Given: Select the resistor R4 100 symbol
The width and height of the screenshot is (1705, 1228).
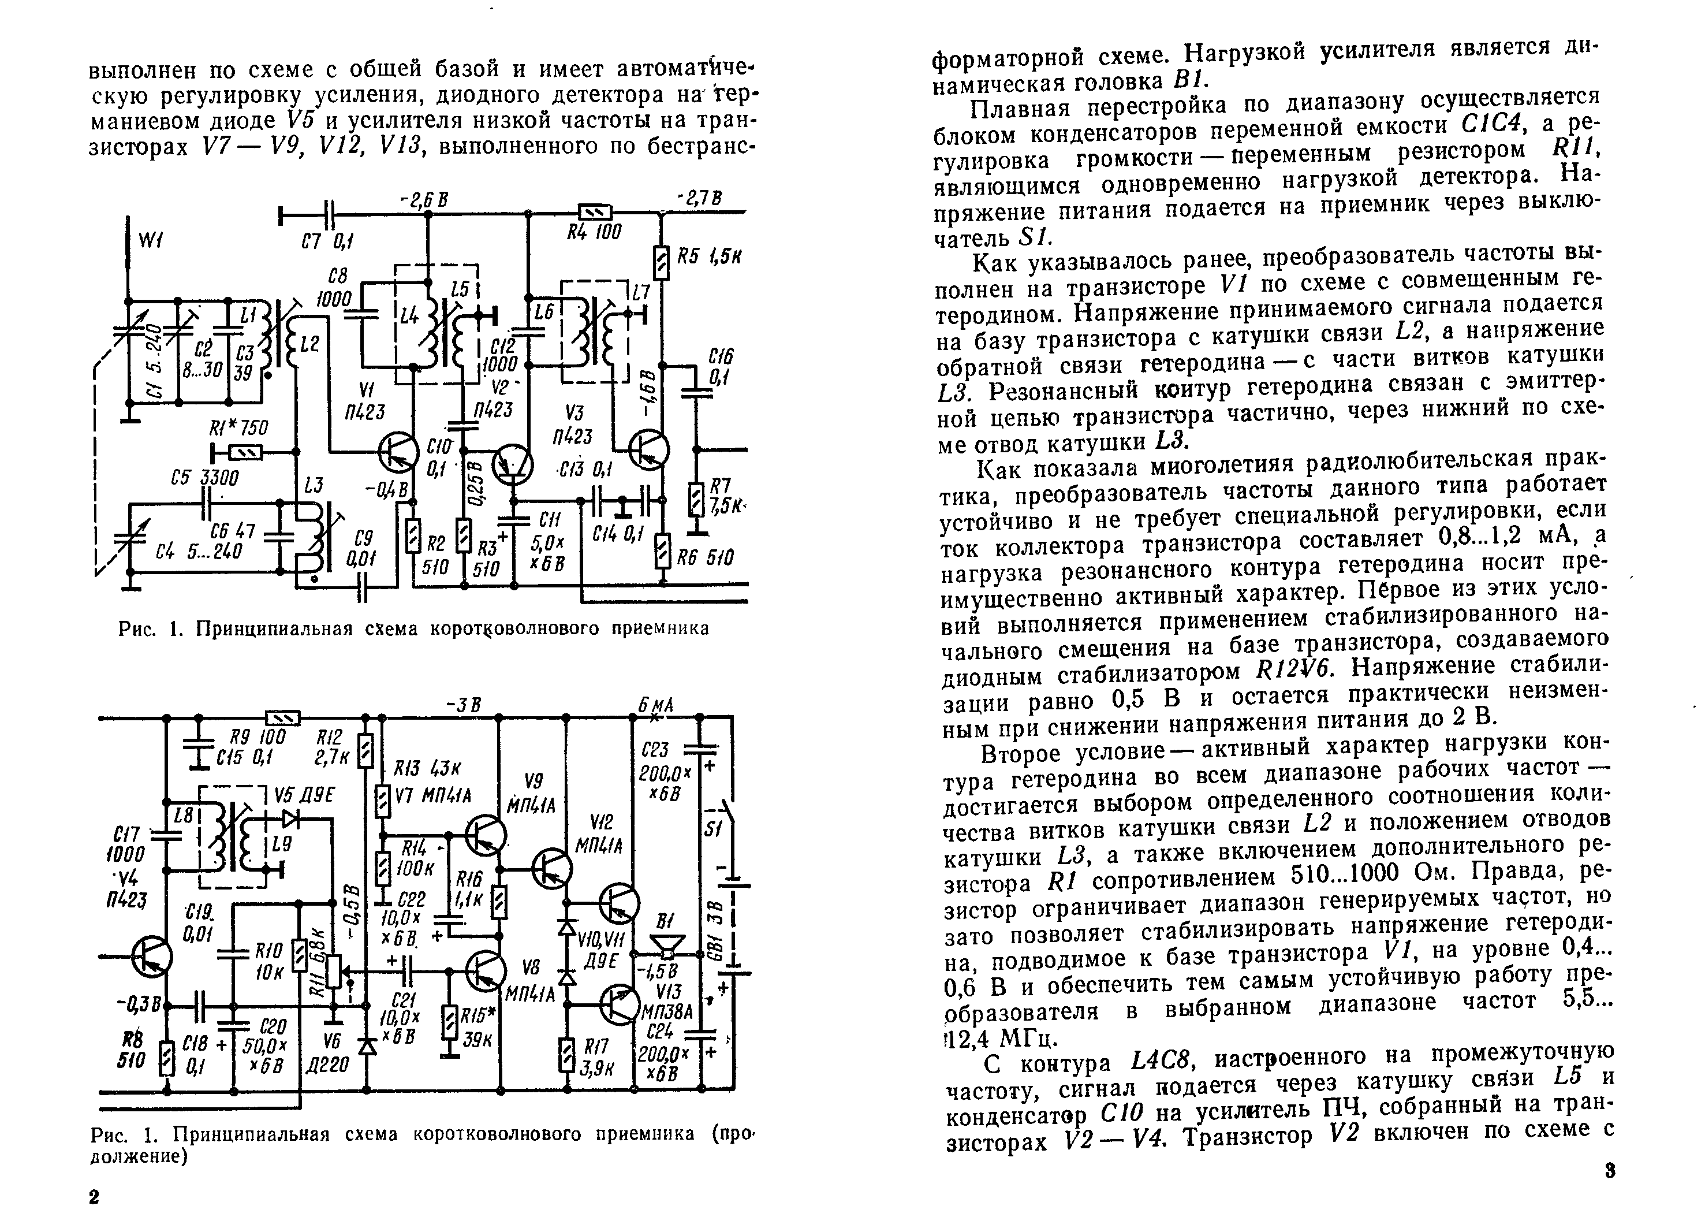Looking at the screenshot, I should (594, 213).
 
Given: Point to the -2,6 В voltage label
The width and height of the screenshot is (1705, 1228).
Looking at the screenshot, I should (425, 199).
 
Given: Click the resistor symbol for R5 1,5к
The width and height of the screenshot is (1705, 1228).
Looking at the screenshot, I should (662, 262).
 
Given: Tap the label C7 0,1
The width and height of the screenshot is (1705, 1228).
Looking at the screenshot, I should (328, 242).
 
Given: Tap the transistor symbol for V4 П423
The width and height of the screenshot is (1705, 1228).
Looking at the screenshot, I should (151, 957).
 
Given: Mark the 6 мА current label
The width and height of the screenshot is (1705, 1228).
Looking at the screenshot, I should (655, 705).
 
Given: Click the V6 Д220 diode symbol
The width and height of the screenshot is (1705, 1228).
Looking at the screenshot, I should (367, 1046).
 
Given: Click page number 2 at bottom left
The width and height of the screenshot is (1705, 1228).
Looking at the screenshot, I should (94, 1198).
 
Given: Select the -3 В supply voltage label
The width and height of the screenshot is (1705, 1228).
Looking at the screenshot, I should (463, 705).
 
